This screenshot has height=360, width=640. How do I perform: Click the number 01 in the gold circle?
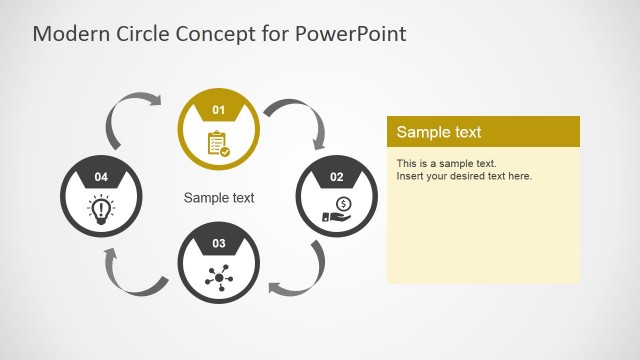[219, 108]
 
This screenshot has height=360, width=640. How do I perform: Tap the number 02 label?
[337, 177]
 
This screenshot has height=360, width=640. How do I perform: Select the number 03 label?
[219, 243]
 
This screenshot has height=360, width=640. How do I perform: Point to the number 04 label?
[101, 177]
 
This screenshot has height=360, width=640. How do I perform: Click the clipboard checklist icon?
[218, 143]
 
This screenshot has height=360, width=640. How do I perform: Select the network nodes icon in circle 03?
[218, 277]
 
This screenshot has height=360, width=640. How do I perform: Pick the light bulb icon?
[100, 209]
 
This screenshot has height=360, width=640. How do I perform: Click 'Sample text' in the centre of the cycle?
[219, 198]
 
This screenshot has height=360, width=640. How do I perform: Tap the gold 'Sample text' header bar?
[483, 132]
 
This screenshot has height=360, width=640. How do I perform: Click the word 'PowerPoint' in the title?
[351, 33]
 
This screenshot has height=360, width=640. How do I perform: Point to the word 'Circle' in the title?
[139, 33]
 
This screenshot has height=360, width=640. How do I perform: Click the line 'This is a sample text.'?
[446, 163]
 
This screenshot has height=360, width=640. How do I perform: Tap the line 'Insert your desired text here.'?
[464, 176]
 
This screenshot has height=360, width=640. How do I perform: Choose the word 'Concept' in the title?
[215, 33]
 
